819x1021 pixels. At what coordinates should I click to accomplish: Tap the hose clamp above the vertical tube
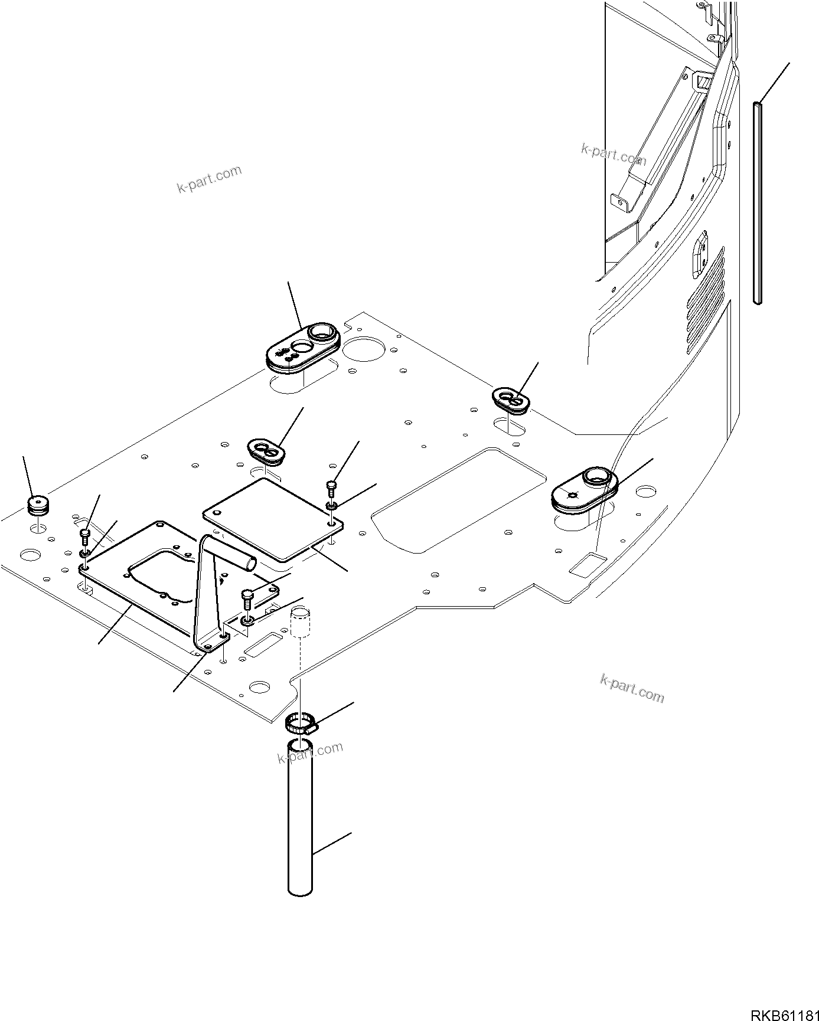pos(300,722)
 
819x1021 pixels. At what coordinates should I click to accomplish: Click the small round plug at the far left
pos(38,505)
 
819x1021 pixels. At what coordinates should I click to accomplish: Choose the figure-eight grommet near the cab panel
pos(511,400)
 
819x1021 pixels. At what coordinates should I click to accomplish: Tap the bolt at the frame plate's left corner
pos(85,536)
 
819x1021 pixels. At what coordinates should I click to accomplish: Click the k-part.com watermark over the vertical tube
pos(310,752)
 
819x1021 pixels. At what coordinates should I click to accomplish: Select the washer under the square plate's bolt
pos(332,506)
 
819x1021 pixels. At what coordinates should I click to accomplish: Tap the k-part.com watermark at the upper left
pos(209,179)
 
